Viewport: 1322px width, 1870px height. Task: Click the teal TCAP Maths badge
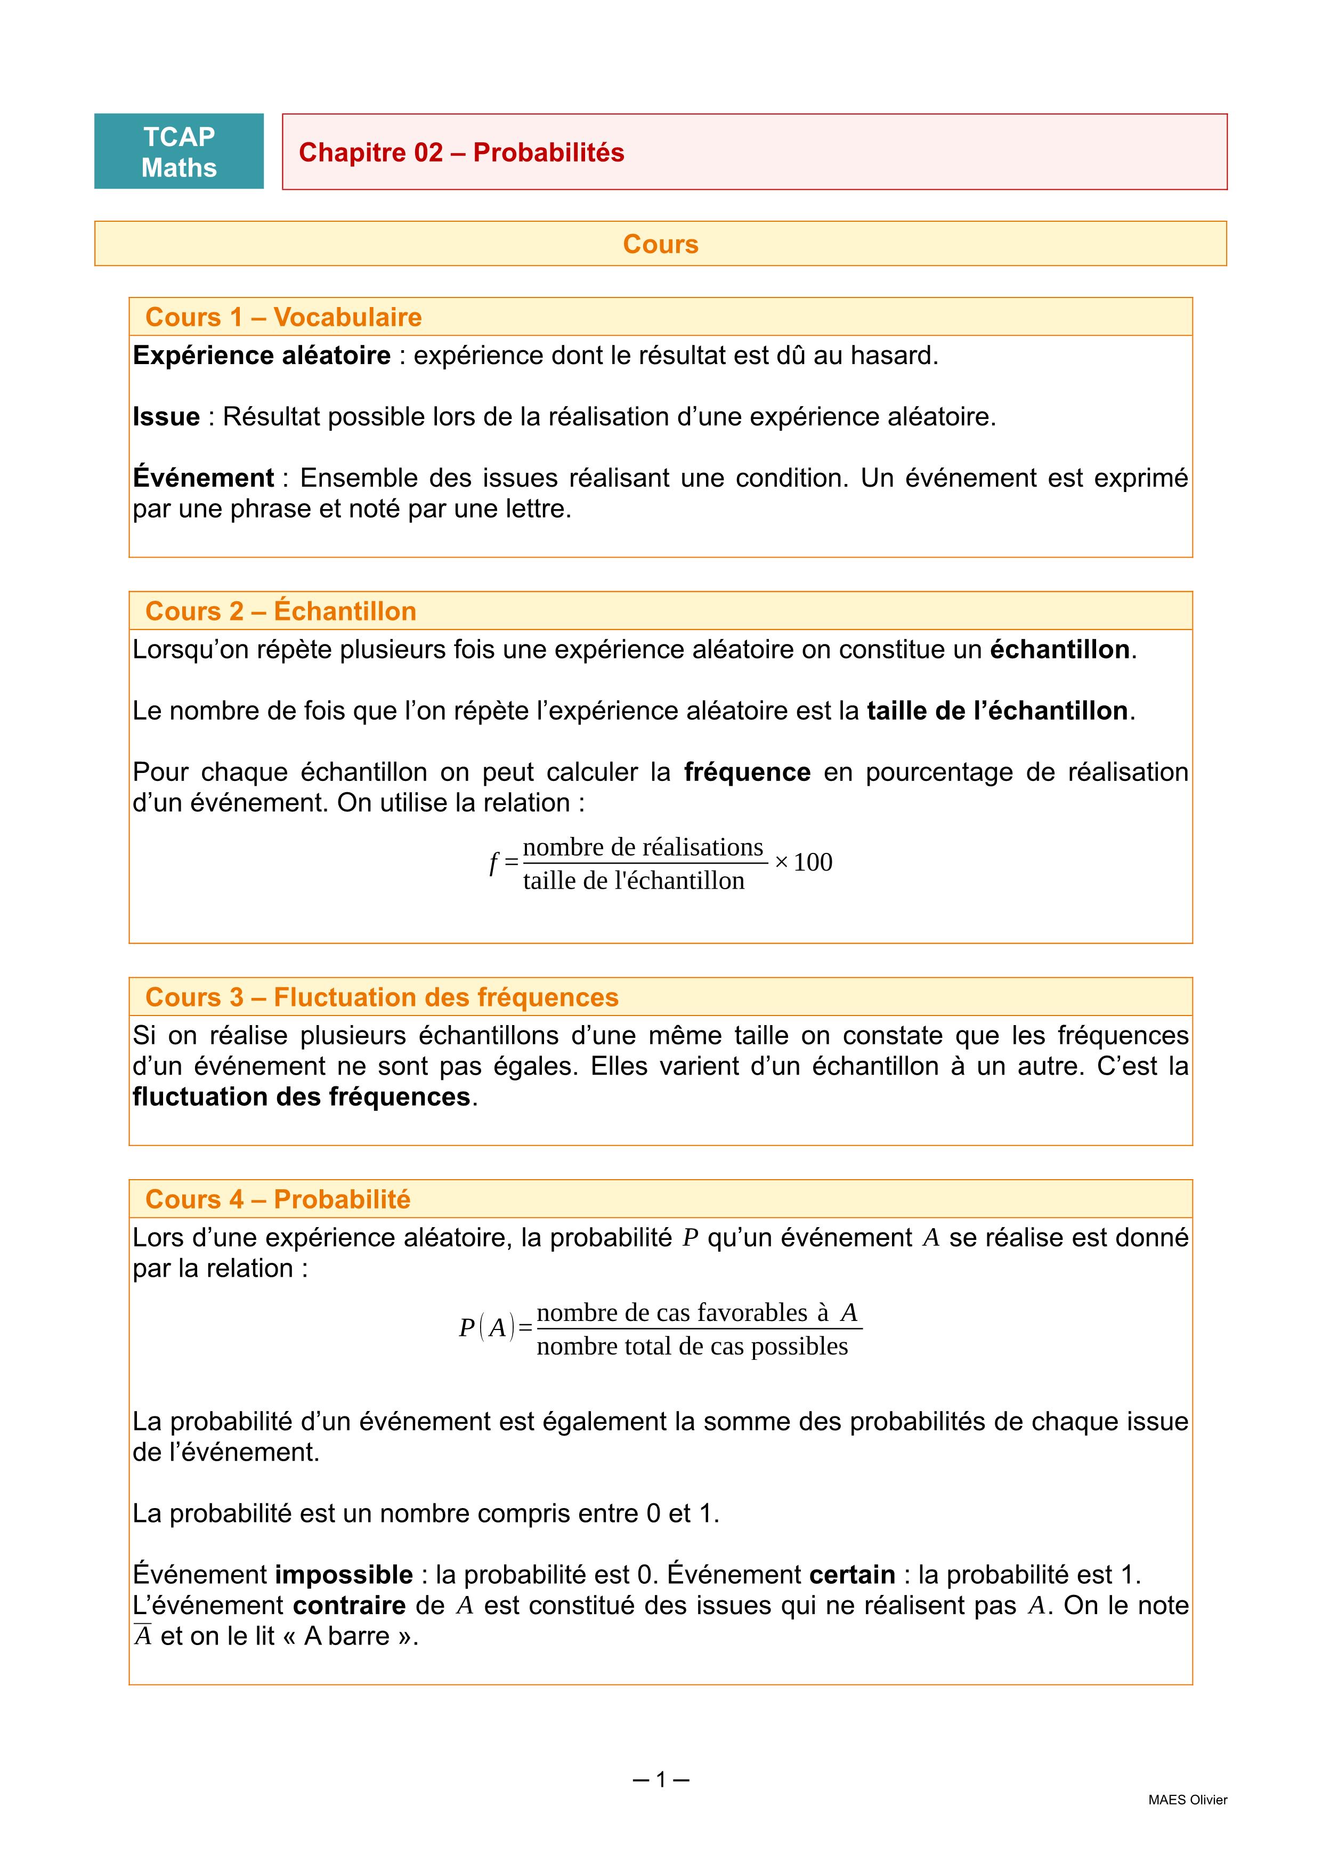click(179, 151)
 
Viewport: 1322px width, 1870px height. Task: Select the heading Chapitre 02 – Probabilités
click(461, 152)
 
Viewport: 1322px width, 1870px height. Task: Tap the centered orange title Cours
click(660, 244)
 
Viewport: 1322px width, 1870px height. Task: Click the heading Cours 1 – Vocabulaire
click(283, 317)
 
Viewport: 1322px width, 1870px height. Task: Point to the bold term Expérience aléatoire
click(261, 356)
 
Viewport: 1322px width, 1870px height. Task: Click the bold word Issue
click(166, 417)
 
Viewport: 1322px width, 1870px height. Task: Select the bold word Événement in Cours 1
click(204, 478)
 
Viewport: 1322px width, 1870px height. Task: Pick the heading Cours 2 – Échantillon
click(281, 611)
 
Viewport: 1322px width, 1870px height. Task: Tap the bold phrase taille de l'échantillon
click(996, 711)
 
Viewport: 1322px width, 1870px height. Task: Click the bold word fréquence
click(747, 772)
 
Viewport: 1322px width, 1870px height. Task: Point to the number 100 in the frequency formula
click(813, 863)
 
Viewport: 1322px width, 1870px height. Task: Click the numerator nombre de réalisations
click(643, 848)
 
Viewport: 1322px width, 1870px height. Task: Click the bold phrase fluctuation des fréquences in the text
click(301, 1097)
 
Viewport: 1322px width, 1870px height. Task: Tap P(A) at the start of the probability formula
click(487, 1327)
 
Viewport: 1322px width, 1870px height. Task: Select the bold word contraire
click(349, 1605)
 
